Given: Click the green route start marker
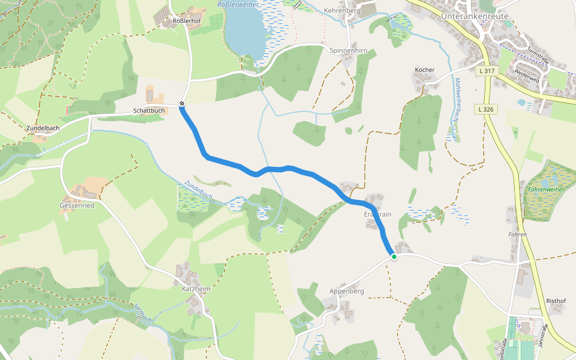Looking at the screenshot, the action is coord(394,257).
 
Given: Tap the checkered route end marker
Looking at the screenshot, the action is coord(182,104).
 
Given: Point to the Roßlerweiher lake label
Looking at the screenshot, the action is coord(238,5).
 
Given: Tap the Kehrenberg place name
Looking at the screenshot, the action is coord(341,11).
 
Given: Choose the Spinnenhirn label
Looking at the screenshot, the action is coord(348,51).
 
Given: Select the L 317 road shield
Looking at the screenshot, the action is coord(487,71).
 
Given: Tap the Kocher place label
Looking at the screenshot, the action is coord(424,70).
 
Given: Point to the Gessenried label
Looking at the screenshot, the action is coord(77,205).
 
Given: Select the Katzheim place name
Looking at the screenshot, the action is coord(196,289).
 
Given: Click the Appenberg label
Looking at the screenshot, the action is coord(347,292).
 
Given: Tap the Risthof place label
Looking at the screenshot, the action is coord(556,301).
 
